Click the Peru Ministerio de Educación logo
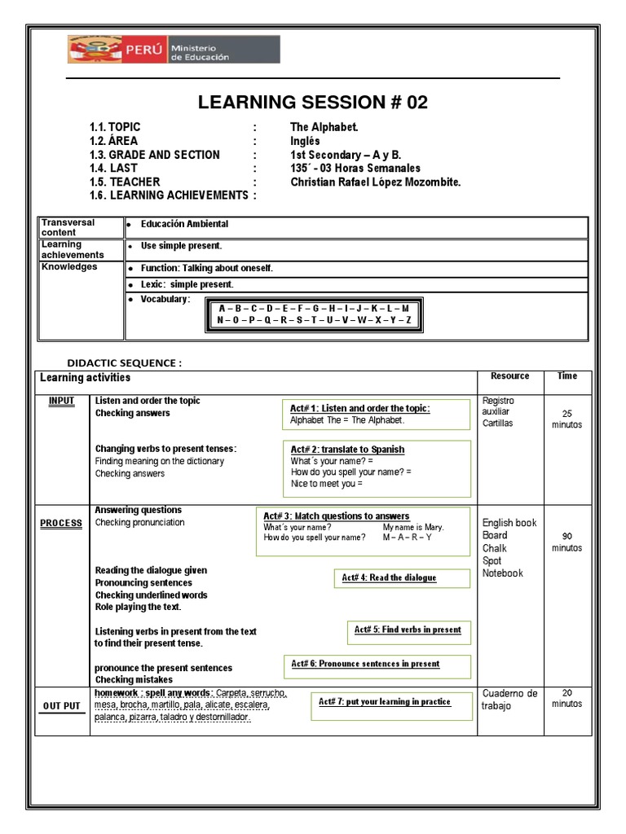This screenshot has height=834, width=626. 173,50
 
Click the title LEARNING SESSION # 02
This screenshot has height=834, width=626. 313,103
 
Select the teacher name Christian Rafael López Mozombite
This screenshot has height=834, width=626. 375,182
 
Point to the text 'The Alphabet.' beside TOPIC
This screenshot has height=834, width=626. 324,127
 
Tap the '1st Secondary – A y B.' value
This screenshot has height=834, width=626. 346,155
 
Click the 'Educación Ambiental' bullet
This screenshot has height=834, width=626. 183,224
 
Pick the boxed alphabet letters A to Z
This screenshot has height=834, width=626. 314,314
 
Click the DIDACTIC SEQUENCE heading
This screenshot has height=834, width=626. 124,362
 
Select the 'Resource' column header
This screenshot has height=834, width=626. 509,376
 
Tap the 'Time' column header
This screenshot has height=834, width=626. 567,376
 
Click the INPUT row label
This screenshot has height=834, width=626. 61,401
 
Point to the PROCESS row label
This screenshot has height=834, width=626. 61,523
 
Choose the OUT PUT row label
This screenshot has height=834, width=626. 61,706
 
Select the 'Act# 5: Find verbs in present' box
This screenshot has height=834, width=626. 408,630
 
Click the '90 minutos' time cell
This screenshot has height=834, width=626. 567,542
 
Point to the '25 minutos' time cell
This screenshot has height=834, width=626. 567,419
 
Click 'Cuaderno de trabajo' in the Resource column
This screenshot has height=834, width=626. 509,700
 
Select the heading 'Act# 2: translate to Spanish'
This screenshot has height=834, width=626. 347,450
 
